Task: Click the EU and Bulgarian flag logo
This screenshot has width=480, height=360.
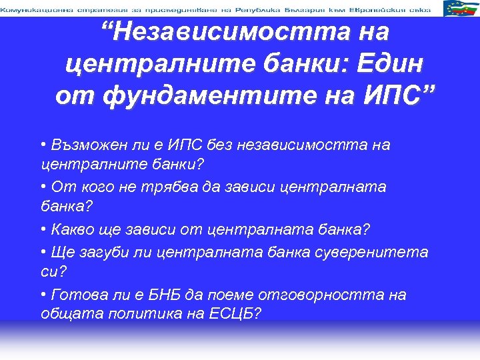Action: [459, 8]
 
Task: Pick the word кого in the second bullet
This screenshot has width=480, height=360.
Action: [93, 187]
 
